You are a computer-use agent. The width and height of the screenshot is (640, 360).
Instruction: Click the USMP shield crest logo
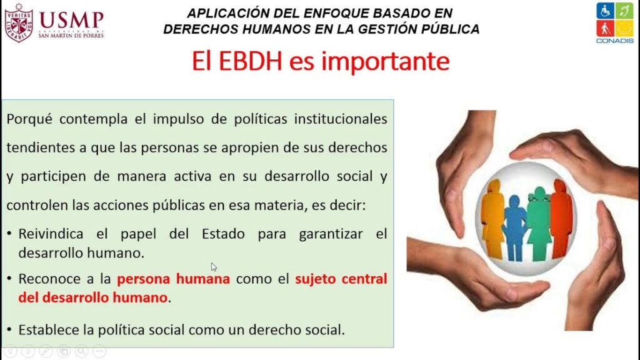pos(18,22)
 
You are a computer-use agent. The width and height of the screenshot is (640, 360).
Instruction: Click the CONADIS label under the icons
pos(615,41)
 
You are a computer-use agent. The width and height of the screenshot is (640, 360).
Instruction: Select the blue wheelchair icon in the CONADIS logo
pos(605,11)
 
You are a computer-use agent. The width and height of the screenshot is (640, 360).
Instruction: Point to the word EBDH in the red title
pos(250,61)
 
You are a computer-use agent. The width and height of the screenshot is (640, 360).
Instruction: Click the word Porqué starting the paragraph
pos(29,119)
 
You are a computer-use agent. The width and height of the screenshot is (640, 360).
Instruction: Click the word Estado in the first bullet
pos(223,234)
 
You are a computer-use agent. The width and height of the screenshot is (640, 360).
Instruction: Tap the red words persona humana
pos(174,279)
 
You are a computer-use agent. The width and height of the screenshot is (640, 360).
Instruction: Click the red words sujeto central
pos(341,279)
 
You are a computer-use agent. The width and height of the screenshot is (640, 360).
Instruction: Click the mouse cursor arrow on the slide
pos(214,267)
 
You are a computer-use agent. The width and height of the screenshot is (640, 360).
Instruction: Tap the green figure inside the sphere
pos(539,223)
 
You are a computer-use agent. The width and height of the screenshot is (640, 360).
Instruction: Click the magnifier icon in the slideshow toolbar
pos(82,351)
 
